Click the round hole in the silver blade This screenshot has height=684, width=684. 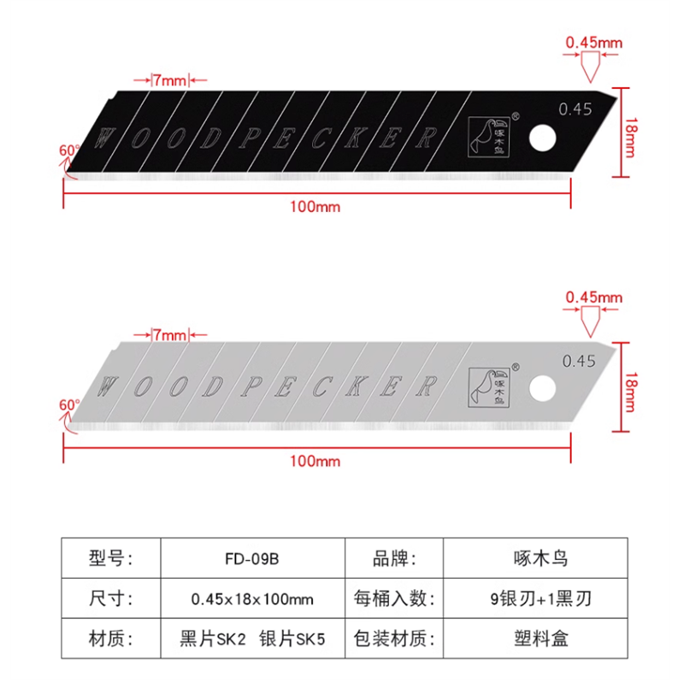[x=541, y=387]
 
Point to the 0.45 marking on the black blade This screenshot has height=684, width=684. [x=575, y=109]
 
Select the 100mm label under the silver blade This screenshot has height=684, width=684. [x=315, y=461]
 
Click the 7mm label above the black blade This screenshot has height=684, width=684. [x=169, y=80]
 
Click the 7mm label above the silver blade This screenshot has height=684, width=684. [x=169, y=333]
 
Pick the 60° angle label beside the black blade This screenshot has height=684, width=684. [x=68, y=150]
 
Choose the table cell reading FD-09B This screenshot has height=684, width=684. [x=251, y=559]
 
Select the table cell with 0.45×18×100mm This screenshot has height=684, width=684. [x=251, y=598]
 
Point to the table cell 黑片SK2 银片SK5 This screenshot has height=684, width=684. [x=251, y=638]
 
